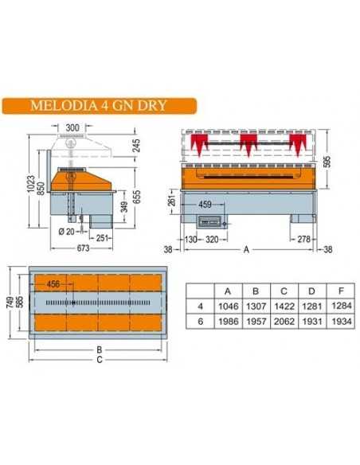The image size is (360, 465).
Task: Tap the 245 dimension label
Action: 136,146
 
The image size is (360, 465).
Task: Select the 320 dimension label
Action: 211,238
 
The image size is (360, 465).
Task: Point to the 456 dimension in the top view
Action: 53,283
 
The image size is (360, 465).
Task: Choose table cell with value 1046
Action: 229,303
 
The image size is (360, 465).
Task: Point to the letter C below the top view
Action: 99,358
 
